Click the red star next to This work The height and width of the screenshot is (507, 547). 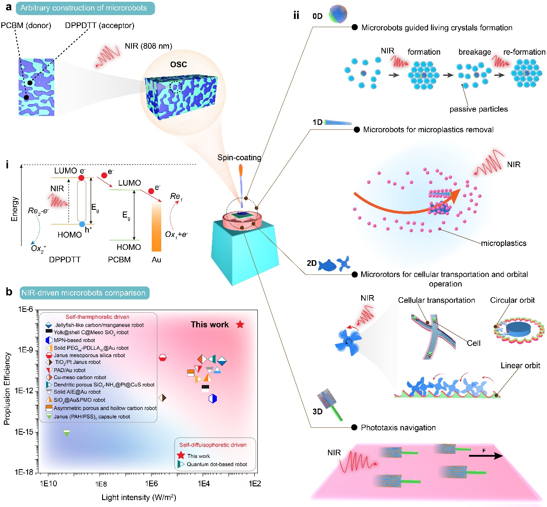click(240, 325)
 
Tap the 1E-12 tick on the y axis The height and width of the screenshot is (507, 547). click(24, 391)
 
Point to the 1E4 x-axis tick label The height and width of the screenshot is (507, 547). click(203, 484)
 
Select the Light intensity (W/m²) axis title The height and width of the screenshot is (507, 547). click(139, 498)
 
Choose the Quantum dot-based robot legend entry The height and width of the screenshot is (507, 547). click(217, 464)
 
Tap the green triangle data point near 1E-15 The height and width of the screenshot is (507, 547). click(66, 433)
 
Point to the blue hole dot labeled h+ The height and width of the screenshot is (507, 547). click(82, 224)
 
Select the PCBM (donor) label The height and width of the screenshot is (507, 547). click(26, 25)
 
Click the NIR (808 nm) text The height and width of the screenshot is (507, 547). click(148, 46)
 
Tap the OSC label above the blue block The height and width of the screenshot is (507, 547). click(178, 65)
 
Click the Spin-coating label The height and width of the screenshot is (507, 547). click(239, 158)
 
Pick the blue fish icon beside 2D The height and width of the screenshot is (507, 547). click(327, 265)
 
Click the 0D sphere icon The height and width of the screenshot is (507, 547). click(338, 14)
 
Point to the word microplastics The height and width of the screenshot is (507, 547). click(503, 243)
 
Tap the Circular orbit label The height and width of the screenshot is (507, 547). click(512, 300)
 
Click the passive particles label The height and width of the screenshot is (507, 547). click(478, 109)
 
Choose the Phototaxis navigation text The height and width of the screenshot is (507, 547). click(398, 428)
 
